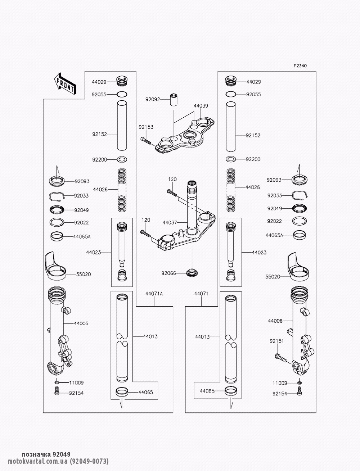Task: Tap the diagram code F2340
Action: tap(300, 66)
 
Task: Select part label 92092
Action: tap(152, 99)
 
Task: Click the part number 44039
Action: tap(201, 106)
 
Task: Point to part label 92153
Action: tap(146, 127)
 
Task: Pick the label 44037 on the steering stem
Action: tap(170, 223)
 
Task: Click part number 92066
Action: tap(169, 273)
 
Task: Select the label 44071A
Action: tap(154, 294)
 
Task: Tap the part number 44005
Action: tap(81, 323)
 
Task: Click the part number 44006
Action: tap(275, 320)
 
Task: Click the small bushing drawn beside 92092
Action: tap(174, 99)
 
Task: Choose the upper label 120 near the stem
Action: tap(172, 179)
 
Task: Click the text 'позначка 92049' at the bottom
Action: tap(46, 454)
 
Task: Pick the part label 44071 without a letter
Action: tap(202, 294)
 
